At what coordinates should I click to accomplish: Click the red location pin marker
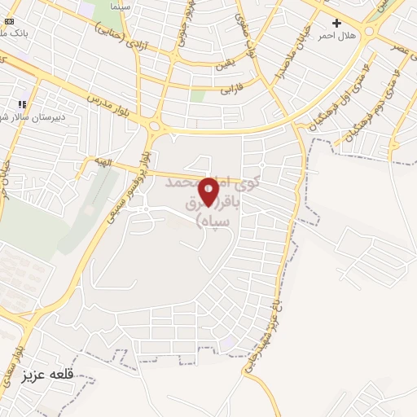click(x=209, y=192)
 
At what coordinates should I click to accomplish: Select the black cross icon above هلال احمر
click(x=336, y=24)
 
